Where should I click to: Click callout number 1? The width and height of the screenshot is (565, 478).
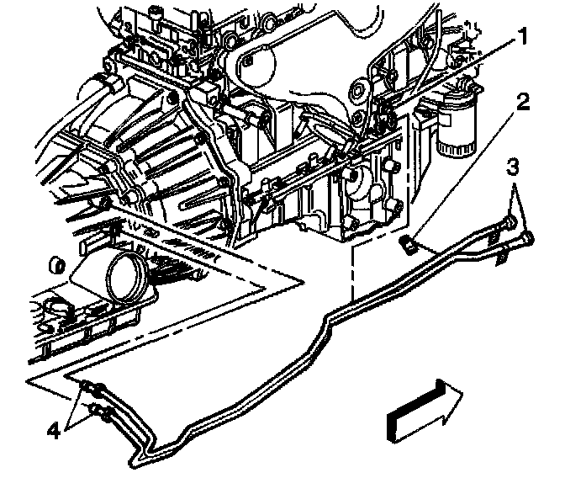522,38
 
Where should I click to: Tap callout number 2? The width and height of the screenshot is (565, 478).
523,104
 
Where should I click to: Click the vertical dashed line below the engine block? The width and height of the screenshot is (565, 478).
351,269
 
